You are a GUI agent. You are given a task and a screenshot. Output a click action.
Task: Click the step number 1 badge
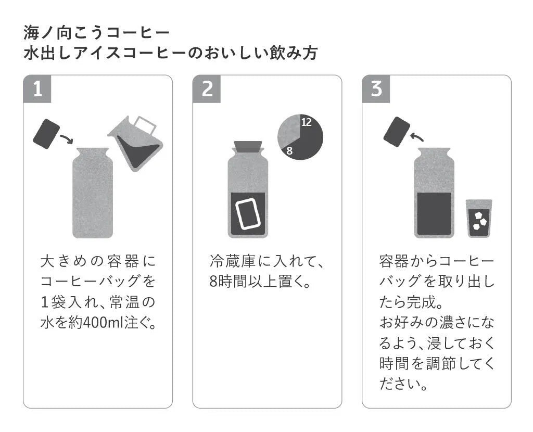(x=37, y=89)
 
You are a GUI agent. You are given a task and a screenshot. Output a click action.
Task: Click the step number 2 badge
(x=207, y=89)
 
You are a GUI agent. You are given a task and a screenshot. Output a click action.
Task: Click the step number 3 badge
(x=376, y=89)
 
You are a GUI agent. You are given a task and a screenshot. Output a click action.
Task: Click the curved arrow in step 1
(x=67, y=139)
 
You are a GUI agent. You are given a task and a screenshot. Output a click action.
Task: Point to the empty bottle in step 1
(x=92, y=193)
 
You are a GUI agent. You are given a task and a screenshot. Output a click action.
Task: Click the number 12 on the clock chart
(x=307, y=122)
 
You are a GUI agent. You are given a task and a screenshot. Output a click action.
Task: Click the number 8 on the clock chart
(x=290, y=151)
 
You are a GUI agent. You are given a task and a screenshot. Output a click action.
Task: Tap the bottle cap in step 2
(x=248, y=145)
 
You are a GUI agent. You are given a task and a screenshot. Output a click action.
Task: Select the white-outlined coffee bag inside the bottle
(x=248, y=213)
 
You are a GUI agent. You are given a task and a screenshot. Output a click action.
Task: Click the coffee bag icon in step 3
(x=397, y=131)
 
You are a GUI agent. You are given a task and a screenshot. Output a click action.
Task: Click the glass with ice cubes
(x=479, y=219)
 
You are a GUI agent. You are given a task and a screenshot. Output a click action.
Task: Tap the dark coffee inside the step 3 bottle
(x=434, y=213)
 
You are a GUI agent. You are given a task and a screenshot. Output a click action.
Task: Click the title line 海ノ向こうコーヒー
(x=97, y=33)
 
